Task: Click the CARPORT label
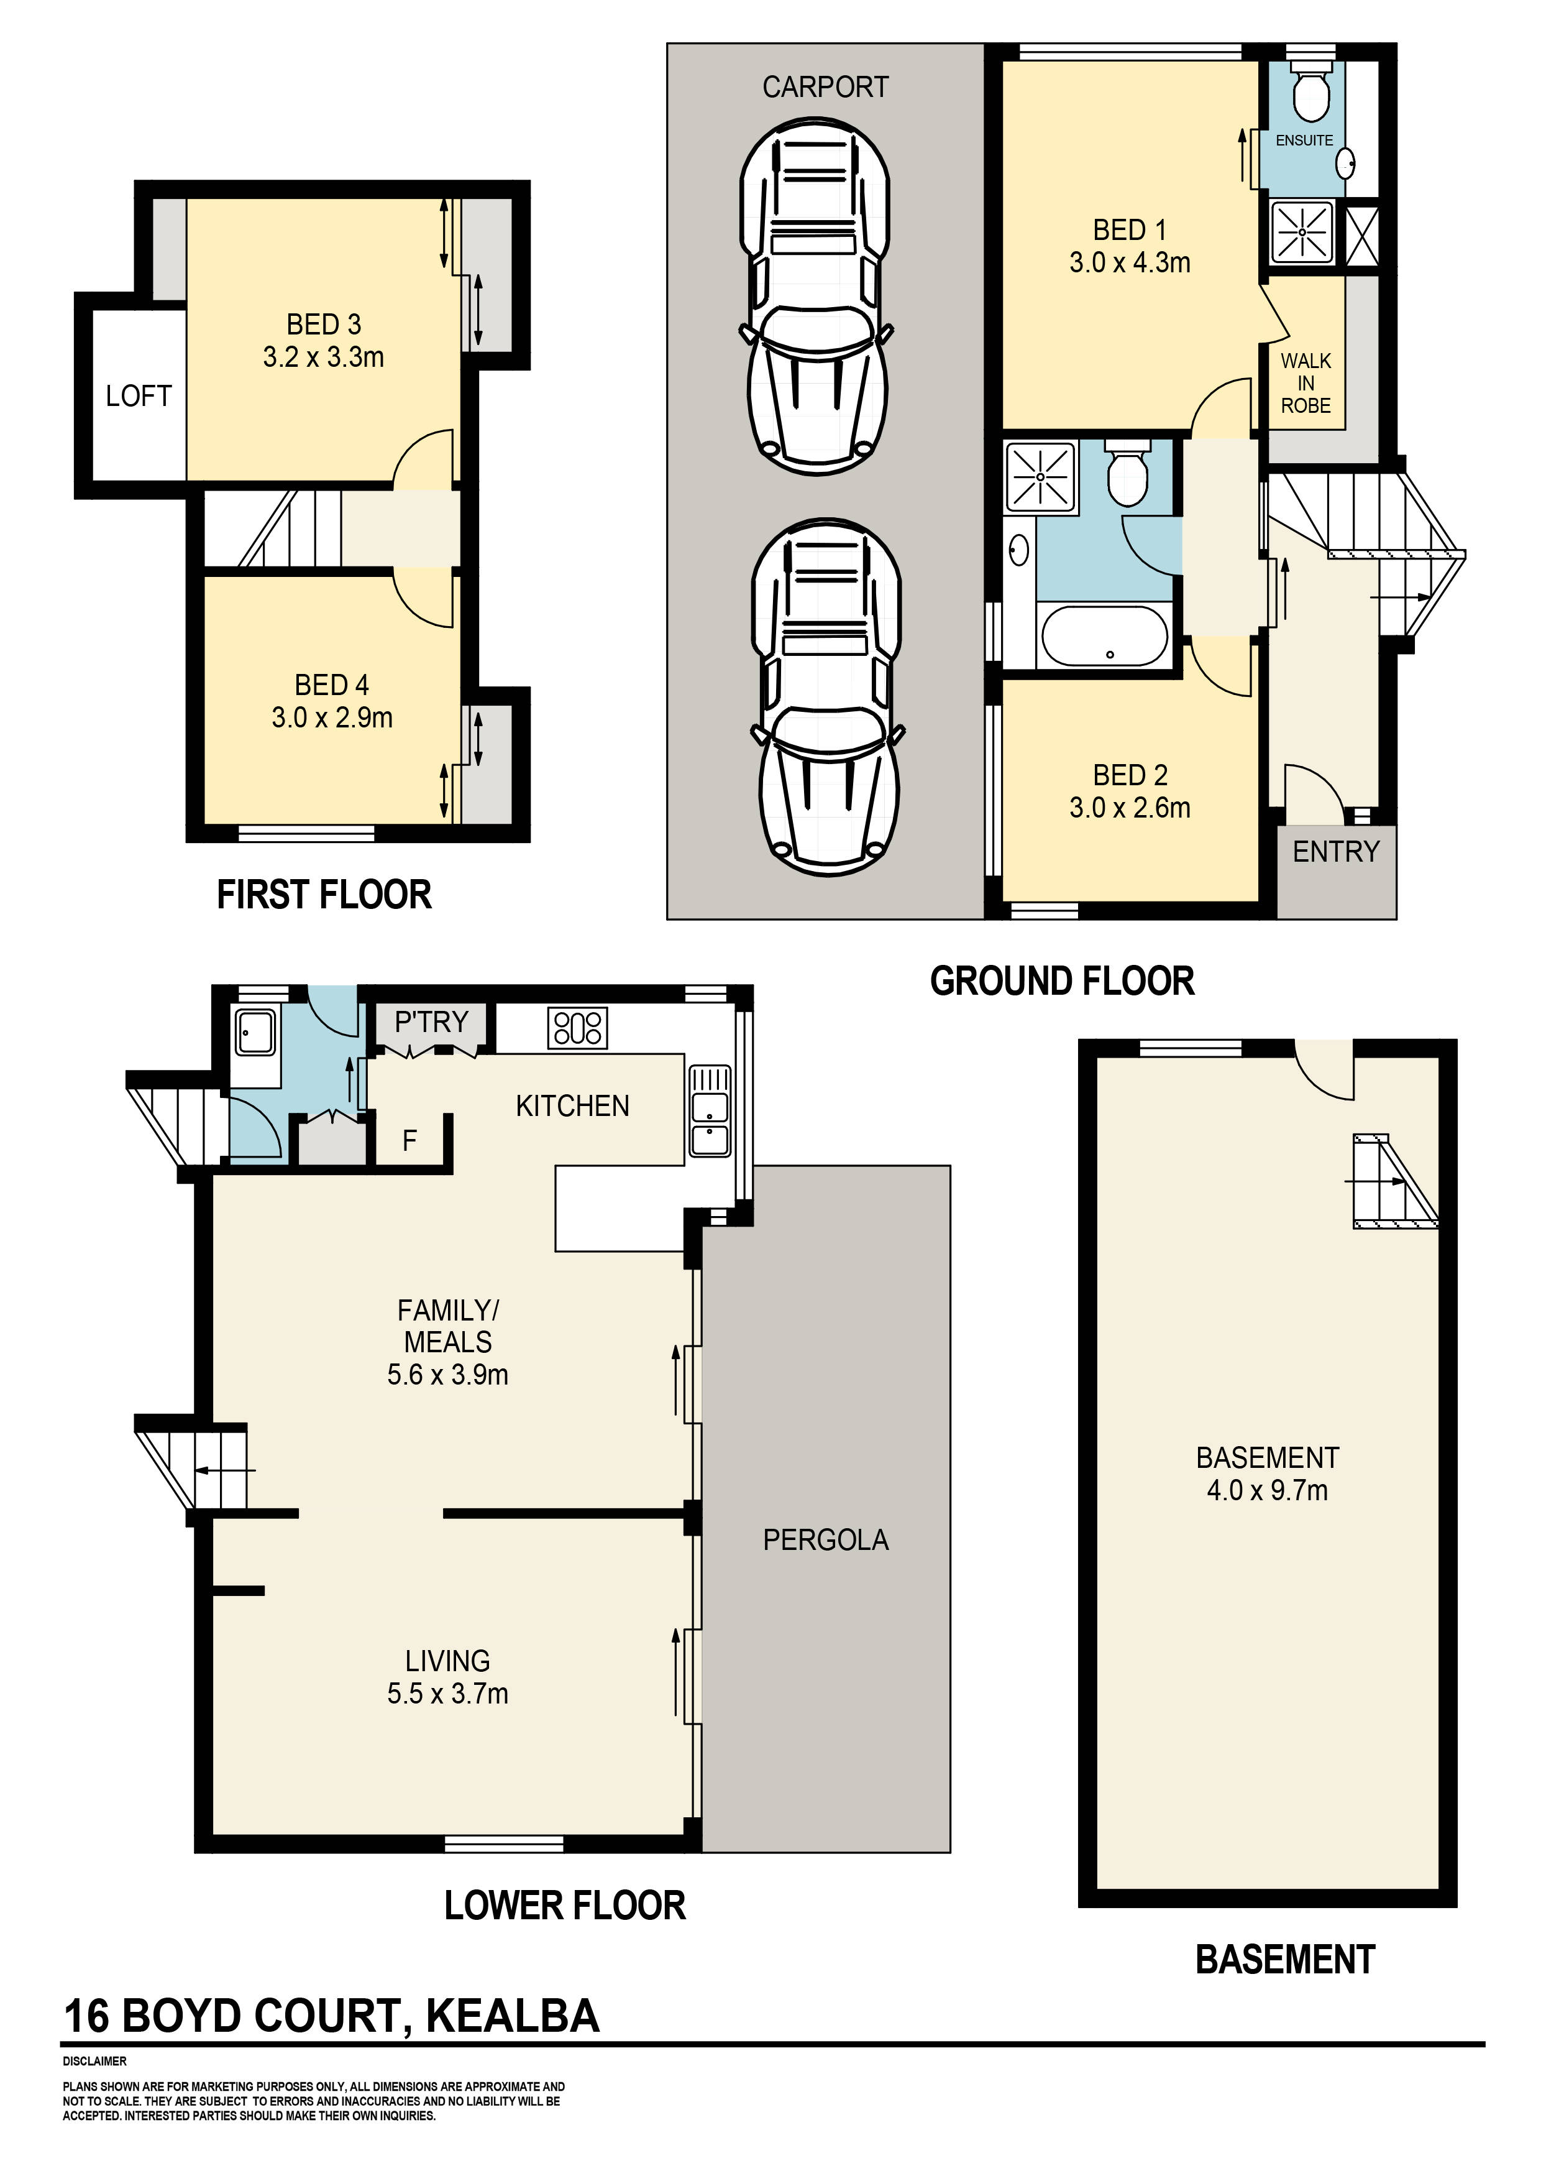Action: (x=825, y=88)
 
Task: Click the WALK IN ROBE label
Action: (x=1306, y=383)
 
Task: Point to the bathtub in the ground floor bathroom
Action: (x=1105, y=637)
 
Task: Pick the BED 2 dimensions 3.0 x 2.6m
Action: (x=1130, y=808)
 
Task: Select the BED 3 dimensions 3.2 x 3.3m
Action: (x=324, y=358)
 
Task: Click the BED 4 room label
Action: (x=331, y=685)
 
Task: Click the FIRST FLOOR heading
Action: (x=324, y=895)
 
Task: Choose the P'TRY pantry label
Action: (x=431, y=1022)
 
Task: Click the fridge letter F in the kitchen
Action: (x=409, y=1141)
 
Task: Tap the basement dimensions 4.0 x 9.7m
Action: (x=1268, y=1490)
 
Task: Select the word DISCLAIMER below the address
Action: (x=95, y=2061)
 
